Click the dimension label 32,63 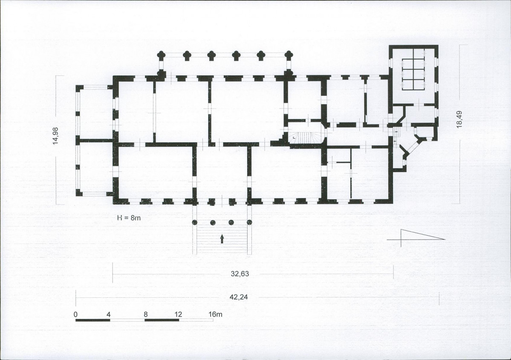(x=240, y=274)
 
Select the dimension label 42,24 (x=239, y=297)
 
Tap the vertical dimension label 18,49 (x=459, y=119)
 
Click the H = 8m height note (x=129, y=218)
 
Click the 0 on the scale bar (x=75, y=315)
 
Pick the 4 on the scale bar (x=109, y=315)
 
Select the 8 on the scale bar (x=145, y=315)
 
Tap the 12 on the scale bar (x=178, y=315)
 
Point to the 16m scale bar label (x=215, y=315)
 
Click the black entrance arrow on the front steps (x=222, y=239)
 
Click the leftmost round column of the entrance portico (x=195, y=222)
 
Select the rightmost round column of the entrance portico (x=250, y=222)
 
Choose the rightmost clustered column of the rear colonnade (x=288, y=55)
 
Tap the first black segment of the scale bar (x=93, y=320)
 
